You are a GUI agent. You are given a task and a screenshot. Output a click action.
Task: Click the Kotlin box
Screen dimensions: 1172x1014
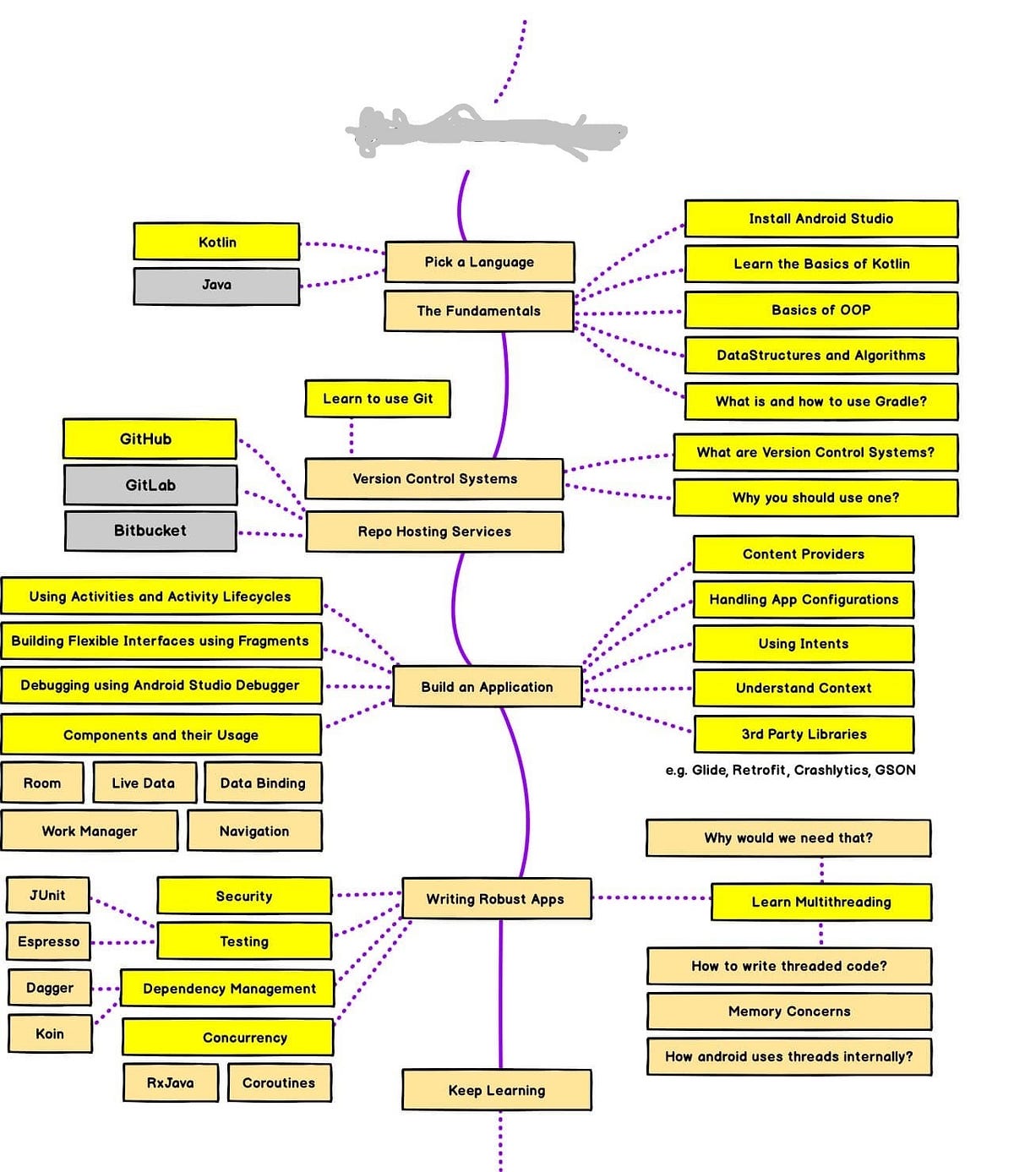(x=216, y=242)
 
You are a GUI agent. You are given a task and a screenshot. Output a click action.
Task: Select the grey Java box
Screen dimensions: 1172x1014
(x=216, y=286)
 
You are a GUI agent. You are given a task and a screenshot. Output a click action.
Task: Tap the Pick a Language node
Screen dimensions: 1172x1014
(x=479, y=262)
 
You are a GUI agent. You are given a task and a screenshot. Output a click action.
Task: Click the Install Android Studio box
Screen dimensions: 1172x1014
(x=820, y=219)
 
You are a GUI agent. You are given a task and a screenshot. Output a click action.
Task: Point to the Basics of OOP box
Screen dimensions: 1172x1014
(x=820, y=310)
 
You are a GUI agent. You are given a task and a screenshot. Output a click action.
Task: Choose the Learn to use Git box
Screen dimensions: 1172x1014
(x=377, y=399)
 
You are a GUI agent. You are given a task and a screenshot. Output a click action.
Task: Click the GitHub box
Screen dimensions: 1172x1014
(x=149, y=439)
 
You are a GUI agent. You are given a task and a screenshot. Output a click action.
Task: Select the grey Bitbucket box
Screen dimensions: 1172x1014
(x=150, y=531)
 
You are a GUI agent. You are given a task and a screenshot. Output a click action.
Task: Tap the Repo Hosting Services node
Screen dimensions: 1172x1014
(x=434, y=531)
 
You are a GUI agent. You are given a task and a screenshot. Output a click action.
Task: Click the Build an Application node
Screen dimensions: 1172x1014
(x=487, y=687)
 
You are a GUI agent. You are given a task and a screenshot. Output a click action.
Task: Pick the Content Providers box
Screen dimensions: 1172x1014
(x=803, y=554)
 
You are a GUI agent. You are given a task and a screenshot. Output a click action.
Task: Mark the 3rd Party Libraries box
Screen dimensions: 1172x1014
(x=804, y=734)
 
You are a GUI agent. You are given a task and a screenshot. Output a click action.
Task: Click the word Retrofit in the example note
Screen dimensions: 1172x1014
(x=760, y=770)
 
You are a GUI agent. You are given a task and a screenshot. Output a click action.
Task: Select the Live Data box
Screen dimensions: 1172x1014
(x=144, y=783)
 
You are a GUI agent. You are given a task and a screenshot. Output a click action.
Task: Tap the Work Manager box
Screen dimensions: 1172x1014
(x=90, y=831)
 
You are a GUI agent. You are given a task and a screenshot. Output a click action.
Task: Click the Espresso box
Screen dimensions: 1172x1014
(x=48, y=941)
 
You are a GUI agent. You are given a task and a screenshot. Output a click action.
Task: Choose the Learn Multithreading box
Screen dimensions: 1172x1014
(x=821, y=902)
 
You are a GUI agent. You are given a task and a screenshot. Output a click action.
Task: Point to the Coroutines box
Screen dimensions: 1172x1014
(x=279, y=1083)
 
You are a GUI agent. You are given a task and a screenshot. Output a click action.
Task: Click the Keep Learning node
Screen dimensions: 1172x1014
(x=497, y=1090)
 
